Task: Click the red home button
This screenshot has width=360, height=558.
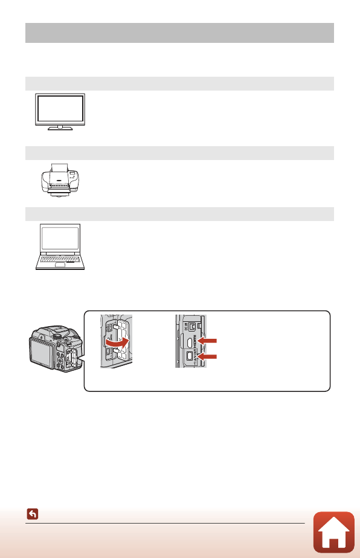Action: pos(334,532)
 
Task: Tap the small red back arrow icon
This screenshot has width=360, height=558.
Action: pos(33,515)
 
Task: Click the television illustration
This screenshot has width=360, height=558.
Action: pos(59,112)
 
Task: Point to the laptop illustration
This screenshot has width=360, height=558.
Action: pos(59,248)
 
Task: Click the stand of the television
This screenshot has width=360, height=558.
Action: pos(59,127)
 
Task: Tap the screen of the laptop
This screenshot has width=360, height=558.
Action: pos(59,240)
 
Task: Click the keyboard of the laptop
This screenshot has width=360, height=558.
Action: pos(59,260)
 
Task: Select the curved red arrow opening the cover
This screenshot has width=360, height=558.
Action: pos(119,342)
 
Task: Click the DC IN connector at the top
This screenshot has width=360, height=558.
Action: pos(191,325)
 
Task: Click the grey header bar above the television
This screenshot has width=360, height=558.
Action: pos(180,83)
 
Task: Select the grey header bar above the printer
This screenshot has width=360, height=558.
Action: pos(180,152)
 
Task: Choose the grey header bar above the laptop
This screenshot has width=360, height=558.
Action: pos(180,214)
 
